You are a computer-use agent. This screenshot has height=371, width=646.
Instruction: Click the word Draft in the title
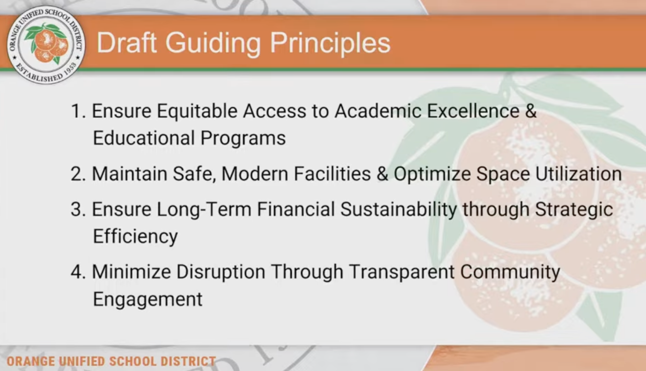pyautogui.click(x=127, y=43)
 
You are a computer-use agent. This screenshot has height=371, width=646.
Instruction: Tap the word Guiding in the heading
pyautogui.click(x=213, y=44)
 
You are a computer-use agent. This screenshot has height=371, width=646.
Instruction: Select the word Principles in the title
pyautogui.click(x=330, y=44)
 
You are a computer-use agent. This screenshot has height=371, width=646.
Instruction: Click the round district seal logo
pyautogui.click(x=46, y=45)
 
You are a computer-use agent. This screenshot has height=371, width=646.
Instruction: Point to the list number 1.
pyautogui.click(x=78, y=111)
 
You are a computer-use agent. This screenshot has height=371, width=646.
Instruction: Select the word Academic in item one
pyautogui.click(x=378, y=111)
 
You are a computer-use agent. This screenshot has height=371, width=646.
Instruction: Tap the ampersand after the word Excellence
pyautogui.click(x=531, y=111)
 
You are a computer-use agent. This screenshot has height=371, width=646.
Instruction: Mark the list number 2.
pyautogui.click(x=78, y=174)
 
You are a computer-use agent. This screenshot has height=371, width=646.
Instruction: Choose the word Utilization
pyautogui.click(x=579, y=174)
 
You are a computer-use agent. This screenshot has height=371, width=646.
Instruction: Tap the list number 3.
pyautogui.click(x=78, y=209)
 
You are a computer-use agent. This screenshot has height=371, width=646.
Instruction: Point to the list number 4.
pyautogui.click(x=78, y=272)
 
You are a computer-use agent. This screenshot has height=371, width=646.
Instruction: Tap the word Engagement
pyautogui.click(x=148, y=300)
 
